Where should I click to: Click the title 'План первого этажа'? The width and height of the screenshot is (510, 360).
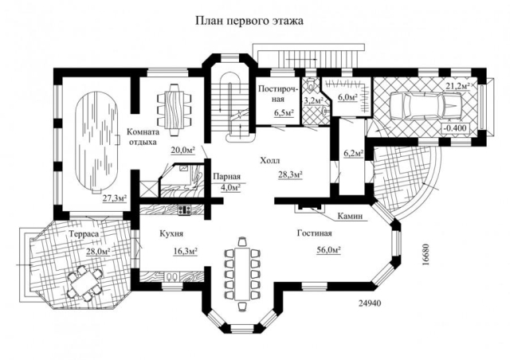[249, 21]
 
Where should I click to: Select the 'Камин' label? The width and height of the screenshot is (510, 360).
[350, 216]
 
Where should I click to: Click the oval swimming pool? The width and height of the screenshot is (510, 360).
[97, 142]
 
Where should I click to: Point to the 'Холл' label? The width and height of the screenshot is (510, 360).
[269, 161]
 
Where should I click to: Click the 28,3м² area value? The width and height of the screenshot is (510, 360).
[290, 174]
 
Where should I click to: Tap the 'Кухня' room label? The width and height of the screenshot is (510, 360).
[171, 233]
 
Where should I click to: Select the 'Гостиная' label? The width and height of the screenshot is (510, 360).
[315, 233]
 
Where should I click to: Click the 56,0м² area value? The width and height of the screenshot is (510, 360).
[328, 250]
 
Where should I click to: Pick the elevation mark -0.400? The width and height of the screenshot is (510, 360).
[455, 127]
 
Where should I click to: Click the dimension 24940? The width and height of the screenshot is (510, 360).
[370, 303]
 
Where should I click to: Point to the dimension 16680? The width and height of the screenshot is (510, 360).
[426, 254]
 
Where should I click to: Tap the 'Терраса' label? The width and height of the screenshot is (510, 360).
[84, 234]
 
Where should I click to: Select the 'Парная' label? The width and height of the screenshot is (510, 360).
[226, 176]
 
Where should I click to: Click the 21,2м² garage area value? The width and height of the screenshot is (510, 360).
[457, 86]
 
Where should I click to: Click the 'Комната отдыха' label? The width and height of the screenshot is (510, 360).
[143, 137]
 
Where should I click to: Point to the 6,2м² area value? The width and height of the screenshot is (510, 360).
[354, 153]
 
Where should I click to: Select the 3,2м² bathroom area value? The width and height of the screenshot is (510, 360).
[313, 100]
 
